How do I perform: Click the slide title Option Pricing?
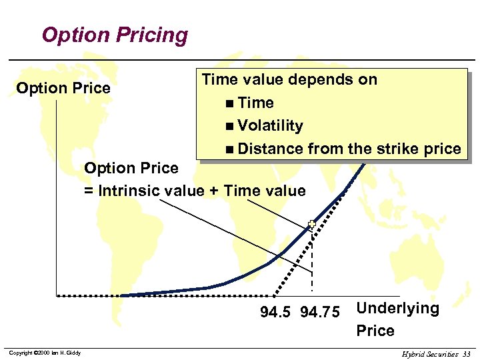115,35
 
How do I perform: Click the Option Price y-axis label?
63,88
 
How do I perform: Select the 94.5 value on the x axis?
275,312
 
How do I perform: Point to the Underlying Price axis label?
397,319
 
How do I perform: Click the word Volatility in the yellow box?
270,125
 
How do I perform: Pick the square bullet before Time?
229,103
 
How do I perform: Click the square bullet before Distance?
229,149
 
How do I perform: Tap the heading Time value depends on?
289,79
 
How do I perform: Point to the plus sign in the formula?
213,191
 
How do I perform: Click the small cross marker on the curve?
311,225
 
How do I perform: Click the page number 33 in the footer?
466,354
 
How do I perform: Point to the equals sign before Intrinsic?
89,191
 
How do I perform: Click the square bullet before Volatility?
229,126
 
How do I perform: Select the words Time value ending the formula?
265,191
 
